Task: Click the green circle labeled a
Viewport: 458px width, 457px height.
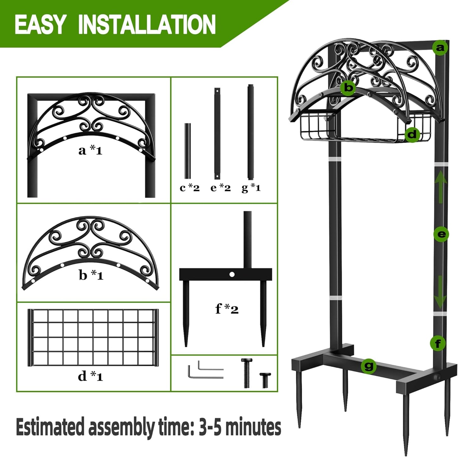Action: click(440, 48)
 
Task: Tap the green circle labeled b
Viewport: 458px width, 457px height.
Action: click(348, 87)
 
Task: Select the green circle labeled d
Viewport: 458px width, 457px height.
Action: click(412, 134)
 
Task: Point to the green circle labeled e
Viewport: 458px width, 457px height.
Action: click(441, 235)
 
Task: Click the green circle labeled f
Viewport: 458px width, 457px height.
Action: click(438, 343)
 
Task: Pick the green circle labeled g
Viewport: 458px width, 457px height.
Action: click(369, 367)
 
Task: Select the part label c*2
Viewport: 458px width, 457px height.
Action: click(190, 188)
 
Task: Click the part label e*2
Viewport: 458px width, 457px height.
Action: click(221, 188)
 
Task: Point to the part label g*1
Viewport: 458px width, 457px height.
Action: click(251, 188)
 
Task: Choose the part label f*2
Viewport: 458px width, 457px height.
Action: click(227, 309)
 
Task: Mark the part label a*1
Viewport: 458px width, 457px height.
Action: click(90, 150)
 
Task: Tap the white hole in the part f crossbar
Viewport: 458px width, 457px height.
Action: click(232, 274)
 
